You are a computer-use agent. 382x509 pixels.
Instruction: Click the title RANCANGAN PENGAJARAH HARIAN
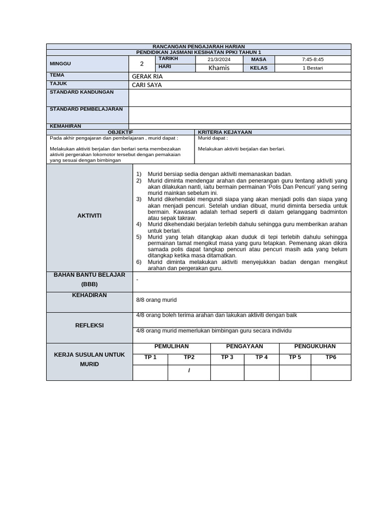198,46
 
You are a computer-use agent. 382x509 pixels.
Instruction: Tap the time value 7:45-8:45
312,60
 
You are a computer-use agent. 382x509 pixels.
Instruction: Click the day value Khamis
219,68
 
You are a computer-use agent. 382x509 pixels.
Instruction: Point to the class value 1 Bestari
312,68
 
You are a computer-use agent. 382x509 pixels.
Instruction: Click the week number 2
142,64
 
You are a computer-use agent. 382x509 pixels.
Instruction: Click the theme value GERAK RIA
147,77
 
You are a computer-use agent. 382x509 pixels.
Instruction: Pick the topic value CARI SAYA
147,85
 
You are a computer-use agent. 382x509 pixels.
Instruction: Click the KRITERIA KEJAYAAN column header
225,132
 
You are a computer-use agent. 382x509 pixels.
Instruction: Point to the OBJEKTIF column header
120,132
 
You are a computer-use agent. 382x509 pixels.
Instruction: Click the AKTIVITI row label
90,216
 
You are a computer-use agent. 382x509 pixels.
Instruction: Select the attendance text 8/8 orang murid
156,300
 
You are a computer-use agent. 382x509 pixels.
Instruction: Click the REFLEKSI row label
90,326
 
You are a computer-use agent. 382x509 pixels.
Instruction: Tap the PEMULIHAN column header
172,346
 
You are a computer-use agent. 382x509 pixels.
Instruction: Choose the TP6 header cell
331,357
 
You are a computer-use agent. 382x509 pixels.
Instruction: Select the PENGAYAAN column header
245,346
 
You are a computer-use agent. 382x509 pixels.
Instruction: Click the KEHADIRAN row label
90,295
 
